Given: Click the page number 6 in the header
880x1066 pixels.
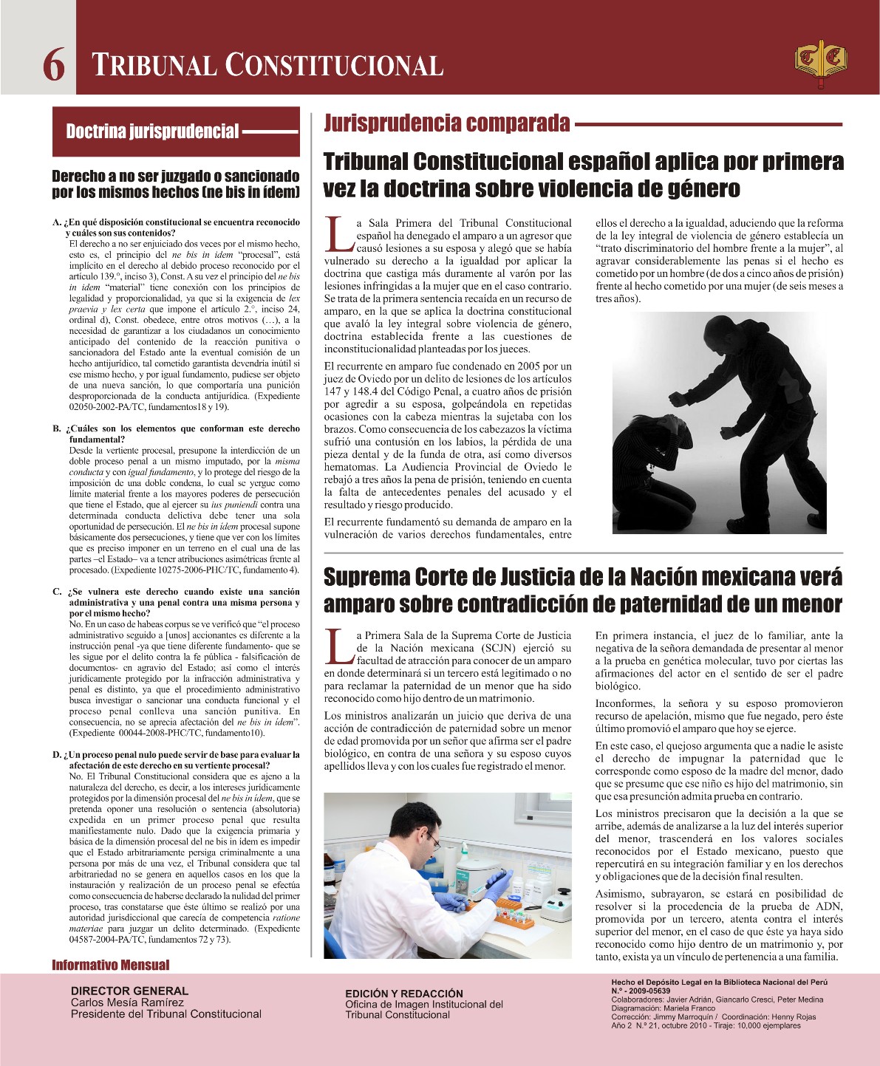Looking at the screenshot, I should click(x=53, y=64).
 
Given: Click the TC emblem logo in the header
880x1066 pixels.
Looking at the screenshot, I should click(x=820, y=63).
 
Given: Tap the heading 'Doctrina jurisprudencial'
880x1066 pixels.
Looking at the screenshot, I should click(x=152, y=132).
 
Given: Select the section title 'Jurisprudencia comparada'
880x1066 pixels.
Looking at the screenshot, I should click(x=446, y=123).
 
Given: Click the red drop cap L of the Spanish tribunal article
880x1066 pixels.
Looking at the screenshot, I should click(x=338, y=233).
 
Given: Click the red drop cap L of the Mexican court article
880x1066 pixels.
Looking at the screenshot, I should click(x=338, y=646).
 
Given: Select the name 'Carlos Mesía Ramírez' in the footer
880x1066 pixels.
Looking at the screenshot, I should click(x=127, y=1002).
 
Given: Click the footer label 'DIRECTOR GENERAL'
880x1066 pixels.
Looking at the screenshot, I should click(x=129, y=991).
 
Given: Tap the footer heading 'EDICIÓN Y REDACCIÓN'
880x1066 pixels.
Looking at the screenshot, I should click(x=404, y=994).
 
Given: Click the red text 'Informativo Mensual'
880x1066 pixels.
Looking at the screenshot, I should click(x=110, y=965).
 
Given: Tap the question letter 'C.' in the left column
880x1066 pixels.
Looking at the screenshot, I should click(x=56, y=592).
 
